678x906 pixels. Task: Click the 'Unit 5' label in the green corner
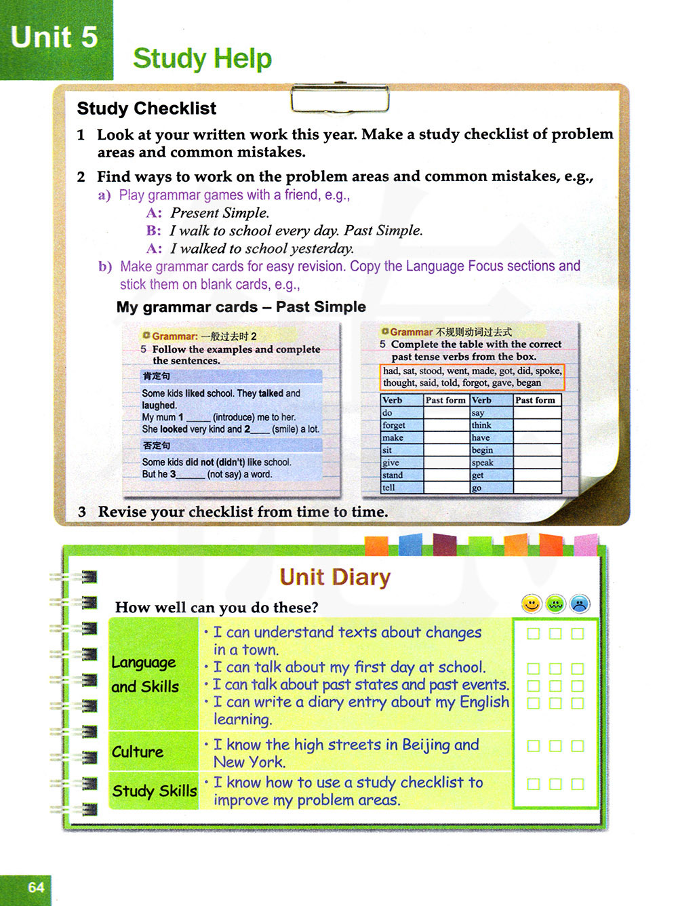point(54,37)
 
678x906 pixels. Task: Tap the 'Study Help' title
point(202,59)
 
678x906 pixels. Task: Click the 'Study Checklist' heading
point(146,109)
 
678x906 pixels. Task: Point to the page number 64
point(36,887)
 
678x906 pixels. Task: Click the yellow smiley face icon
point(532,604)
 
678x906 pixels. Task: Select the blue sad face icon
point(580,604)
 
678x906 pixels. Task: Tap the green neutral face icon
point(556,604)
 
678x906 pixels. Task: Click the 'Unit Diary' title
point(335,577)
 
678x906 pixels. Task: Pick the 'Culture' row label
point(138,752)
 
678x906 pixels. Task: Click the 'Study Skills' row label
point(154,791)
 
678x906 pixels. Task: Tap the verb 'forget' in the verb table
point(394,425)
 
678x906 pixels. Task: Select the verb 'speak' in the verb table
point(483,462)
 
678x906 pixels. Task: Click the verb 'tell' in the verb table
point(388,488)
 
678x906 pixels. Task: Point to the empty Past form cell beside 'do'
point(446,412)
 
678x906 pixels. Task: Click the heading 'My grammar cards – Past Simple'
point(241,307)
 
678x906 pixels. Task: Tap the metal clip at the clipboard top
point(340,99)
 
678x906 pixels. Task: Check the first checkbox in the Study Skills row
point(534,784)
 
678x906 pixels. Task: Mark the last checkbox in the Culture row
point(578,746)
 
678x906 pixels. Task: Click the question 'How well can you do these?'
point(216,608)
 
